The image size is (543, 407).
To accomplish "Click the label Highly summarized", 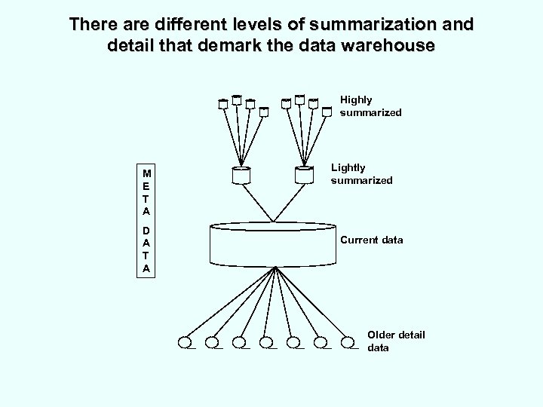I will (x=370, y=106).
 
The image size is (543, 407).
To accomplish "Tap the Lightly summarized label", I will (x=361, y=174).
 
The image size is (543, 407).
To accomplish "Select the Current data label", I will (x=372, y=240).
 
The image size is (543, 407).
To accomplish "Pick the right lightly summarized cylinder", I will (x=303, y=174).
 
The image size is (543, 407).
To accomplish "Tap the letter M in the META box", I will (x=146, y=173).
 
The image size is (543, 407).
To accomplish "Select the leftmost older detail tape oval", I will (x=186, y=343).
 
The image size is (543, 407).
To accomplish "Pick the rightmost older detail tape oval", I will (x=350, y=343).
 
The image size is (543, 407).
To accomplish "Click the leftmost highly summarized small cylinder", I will (x=223, y=105).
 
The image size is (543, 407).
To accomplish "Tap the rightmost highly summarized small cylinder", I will (x=327, y=112).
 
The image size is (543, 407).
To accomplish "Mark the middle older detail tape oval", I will (x=268, y=343).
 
